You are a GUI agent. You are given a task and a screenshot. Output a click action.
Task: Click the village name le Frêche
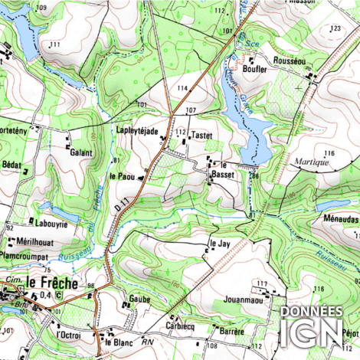pyautogui.click(x=51, y=283)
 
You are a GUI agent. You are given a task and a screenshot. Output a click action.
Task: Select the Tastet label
pyautogui.click(x=201, y=135)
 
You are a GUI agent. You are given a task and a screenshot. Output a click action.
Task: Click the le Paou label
pyautogui.click(x=123, y=175)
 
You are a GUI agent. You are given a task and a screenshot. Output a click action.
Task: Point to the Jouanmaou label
pyautogui.click(x=243, y=300)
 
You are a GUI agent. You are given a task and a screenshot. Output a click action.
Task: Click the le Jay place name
pyautogui.click(x=220, y=244)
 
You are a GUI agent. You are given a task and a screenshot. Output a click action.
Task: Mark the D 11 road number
pyautogui.click(x=121, y=205)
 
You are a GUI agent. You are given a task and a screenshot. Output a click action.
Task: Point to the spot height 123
pyautogui.click(x=334, y=28)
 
